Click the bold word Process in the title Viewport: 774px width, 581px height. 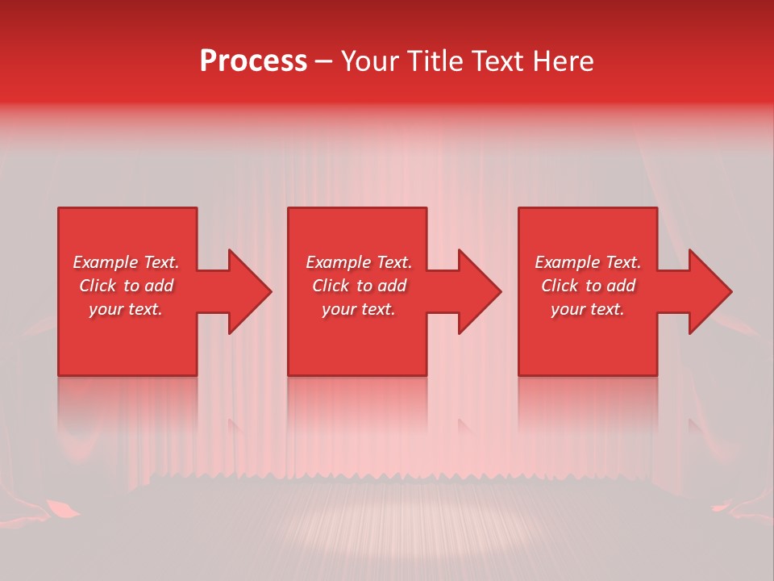[x=253, y=61]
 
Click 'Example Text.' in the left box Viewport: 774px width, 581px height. [x=126, y=262]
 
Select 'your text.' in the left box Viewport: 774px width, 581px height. [x=126, y=309]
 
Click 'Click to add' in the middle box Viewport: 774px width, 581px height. [x=359, y=286]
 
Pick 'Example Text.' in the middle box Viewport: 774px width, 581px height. [x=359, y=262]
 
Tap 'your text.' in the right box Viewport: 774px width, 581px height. [x=588, y=309]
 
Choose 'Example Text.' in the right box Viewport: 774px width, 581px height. [x=588, y=262]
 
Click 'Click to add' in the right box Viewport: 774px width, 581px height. [x=588, y=286]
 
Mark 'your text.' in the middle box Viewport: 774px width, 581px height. [x=359, y=309]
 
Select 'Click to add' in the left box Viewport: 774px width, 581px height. [x=126, y=286]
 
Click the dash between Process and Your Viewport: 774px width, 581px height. [x=324, y=63]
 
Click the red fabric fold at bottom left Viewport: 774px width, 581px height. [x=63, y=508]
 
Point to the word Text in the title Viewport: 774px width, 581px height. [x=497, y=61]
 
